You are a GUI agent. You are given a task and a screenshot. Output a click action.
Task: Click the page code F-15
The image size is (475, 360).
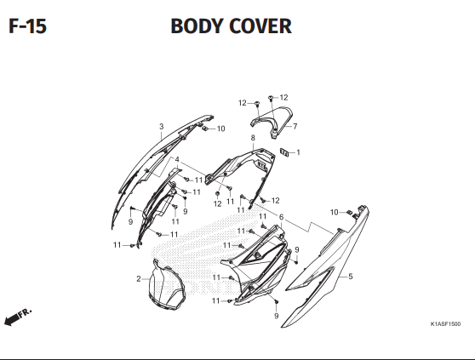pyautogui.click(x=27, y=26)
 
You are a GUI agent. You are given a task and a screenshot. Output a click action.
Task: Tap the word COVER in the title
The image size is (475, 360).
pyautogui.click(x=261, y=26)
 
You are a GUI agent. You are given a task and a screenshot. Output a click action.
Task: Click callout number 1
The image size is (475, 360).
pyautogui.click(x=298, y=152)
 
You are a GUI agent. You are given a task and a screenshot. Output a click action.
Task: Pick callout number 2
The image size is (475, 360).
pyautogui.click(x=138, y=279)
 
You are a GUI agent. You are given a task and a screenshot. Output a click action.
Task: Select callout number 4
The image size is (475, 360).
pyautogui.click(x=177, y=159)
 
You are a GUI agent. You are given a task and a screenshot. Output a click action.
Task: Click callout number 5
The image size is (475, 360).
pyautogui.click(x=350, y=277)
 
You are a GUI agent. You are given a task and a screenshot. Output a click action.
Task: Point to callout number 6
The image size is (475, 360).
pyautogui.click(x=281, y=217)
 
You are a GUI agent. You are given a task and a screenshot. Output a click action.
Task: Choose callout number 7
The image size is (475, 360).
pyautogui.click(x=295, y=127)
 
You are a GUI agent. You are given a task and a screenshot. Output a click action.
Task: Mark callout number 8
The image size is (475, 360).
pyautogui.click(x=253, y=137)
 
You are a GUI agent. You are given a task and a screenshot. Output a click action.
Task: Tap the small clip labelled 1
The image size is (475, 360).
pyautogui.click(x=286, y=152)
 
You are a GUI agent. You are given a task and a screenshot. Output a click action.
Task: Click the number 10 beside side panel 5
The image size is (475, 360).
pyautogui.click(x=334, y=212)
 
